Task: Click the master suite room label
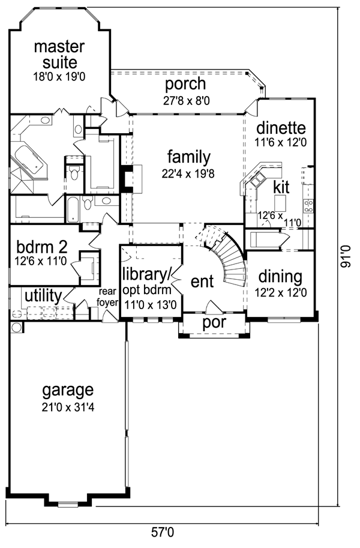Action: [59, 55]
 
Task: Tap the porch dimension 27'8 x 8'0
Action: [186, 101]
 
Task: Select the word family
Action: [189, 157]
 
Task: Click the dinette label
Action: [281, 128]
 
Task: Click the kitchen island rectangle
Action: [280, 203]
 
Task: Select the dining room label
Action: [280, 277]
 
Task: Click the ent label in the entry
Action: [202, 282]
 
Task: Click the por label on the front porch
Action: [214, 323]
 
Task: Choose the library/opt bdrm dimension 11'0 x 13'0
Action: [150, 305]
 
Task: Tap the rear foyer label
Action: [107, 297]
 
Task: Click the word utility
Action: [43, 296]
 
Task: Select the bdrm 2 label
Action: [41, 247]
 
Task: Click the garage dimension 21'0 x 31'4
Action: [68, 408]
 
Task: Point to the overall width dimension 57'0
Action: [162, 532]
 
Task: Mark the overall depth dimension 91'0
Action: [345, 256]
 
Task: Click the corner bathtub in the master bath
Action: [28, 161]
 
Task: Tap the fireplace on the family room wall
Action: [130, 179]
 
